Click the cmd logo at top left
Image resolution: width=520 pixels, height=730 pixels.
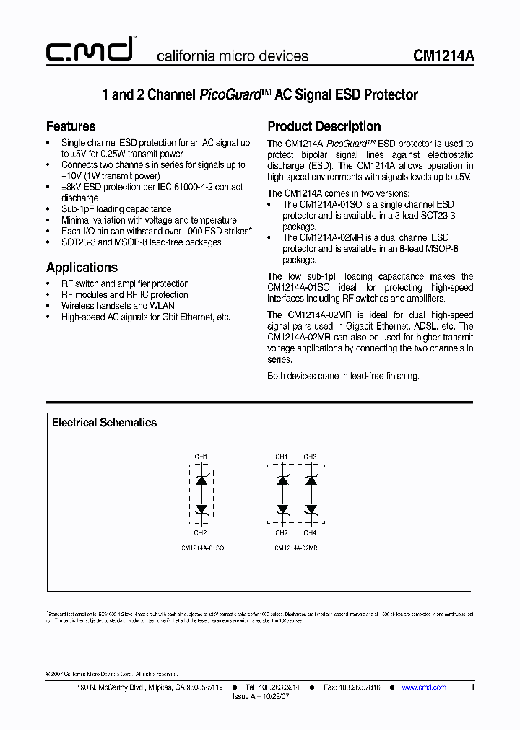89,51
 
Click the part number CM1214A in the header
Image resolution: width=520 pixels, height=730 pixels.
443,56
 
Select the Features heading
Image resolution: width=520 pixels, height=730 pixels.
71,126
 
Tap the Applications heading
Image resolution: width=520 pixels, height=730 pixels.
82,267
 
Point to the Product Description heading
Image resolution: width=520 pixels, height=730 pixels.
324,126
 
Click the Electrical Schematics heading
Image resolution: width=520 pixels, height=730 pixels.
104,423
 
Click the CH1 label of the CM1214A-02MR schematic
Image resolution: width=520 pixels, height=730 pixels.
281,457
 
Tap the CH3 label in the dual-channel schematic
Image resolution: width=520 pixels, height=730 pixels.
310,457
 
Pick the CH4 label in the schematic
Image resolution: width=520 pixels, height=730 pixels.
310,532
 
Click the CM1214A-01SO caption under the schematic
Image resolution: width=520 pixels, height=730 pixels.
203,548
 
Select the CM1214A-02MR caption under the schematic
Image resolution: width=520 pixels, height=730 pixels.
296,548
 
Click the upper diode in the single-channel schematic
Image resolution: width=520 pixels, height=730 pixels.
202,479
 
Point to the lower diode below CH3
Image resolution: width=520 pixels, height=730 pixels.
311,509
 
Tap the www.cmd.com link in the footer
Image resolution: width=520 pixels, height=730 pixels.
423,687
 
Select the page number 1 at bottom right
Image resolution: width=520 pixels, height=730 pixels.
472,687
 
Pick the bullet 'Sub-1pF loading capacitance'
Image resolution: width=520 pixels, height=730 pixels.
116,209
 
